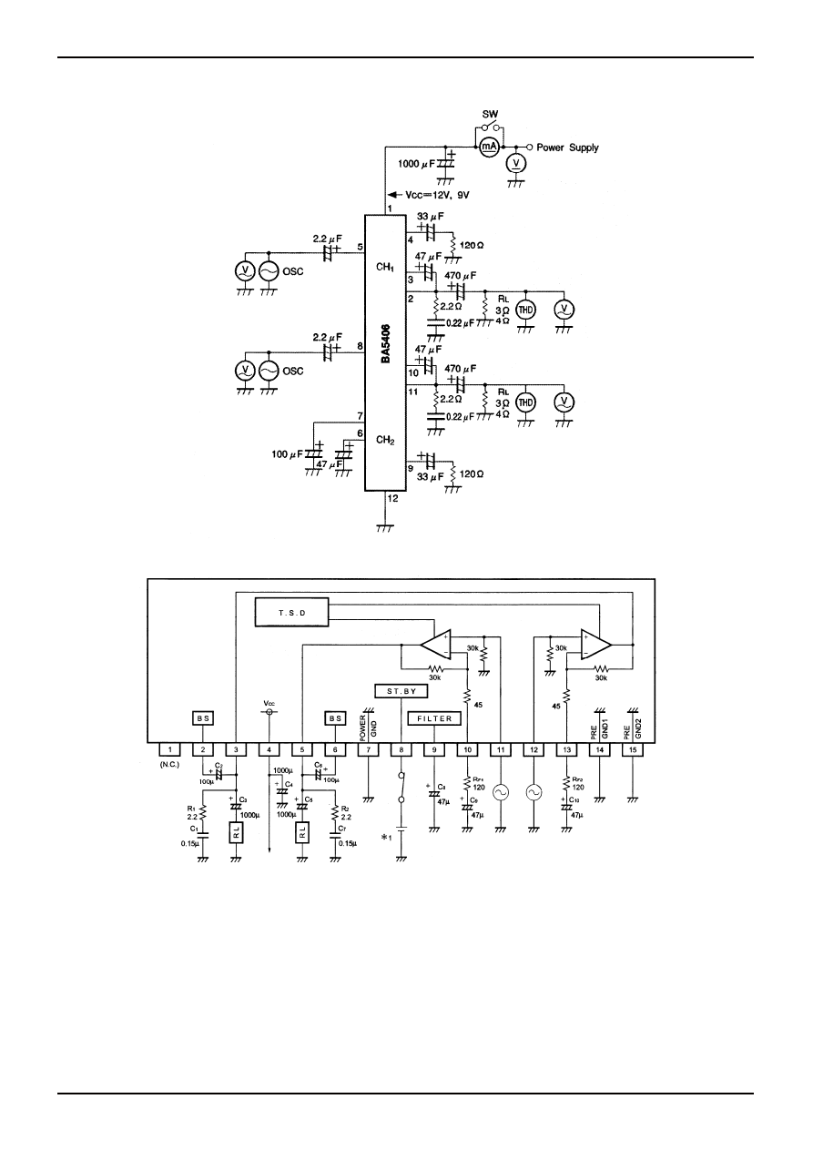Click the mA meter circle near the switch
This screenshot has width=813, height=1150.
click(489, 147)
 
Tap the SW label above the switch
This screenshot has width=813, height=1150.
click(490, 116)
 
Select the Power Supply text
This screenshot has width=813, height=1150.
click(567, 147)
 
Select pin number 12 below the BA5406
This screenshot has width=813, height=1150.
click(391, 498)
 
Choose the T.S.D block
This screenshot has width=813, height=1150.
click(294, 614)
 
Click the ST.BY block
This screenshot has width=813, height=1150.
click(401, 691)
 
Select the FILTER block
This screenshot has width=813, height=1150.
click(434, 718)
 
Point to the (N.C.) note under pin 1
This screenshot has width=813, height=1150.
click(170, 766)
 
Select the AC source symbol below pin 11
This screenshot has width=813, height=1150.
click(501, 793)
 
